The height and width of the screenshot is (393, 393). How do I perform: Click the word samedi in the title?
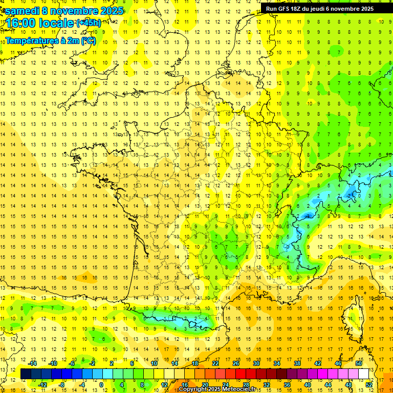point(22,11)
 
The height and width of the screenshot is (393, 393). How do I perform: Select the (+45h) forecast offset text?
point(89,23)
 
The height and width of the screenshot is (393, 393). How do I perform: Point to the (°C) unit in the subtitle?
point(88,40)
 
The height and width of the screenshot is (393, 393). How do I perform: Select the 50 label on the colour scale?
point(359,363)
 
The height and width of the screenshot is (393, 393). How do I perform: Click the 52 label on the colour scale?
point(369,385)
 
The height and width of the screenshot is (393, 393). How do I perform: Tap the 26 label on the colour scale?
point(236,363)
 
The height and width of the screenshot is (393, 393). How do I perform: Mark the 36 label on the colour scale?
point(287,385)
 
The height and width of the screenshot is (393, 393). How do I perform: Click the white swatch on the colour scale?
point(364,374)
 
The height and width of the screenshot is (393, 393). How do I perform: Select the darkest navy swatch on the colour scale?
point(26,374)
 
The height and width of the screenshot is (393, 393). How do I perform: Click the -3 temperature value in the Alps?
point(308,216)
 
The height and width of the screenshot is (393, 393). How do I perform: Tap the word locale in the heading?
point(56,24)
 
